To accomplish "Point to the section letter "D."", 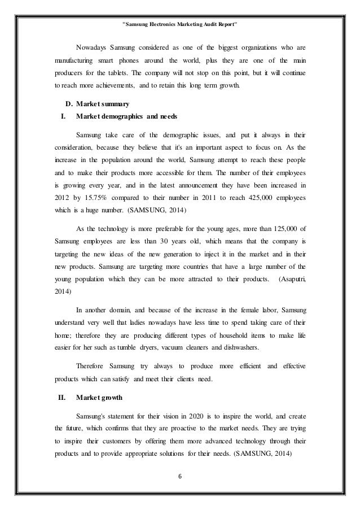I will pyautogui.click(x=63, y=104).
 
